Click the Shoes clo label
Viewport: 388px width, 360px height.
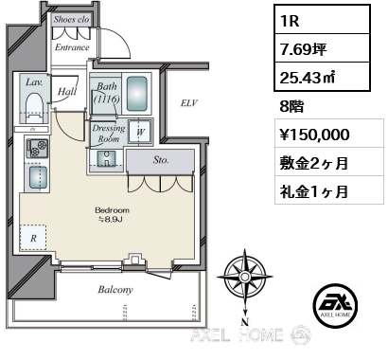click(71, 19)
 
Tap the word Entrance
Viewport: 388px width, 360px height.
click(72, 47)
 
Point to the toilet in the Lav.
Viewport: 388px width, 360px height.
click(34, 107)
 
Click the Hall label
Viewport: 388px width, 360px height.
click(67, 91)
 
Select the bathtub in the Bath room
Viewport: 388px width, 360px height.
click(137, 93)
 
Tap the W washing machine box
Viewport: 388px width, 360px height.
click(140, 132)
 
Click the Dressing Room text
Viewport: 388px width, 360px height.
click(109, 134)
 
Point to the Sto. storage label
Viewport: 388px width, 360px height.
click(161, 160)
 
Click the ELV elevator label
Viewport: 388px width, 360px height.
click(189, 102)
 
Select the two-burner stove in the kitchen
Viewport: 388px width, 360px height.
click(37, 149)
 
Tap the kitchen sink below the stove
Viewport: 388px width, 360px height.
click(38, 177)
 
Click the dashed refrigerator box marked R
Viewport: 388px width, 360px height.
click(33, 238)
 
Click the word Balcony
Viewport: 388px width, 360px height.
click(115, 290)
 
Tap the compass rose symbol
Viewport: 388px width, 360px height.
click(244, 278)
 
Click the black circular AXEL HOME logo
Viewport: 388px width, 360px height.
click(336, 305)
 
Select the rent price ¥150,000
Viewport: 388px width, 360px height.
click(314, 135)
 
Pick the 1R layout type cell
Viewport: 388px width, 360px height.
click(322, 19)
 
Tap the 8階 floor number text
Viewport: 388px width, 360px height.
click(291, 106)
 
